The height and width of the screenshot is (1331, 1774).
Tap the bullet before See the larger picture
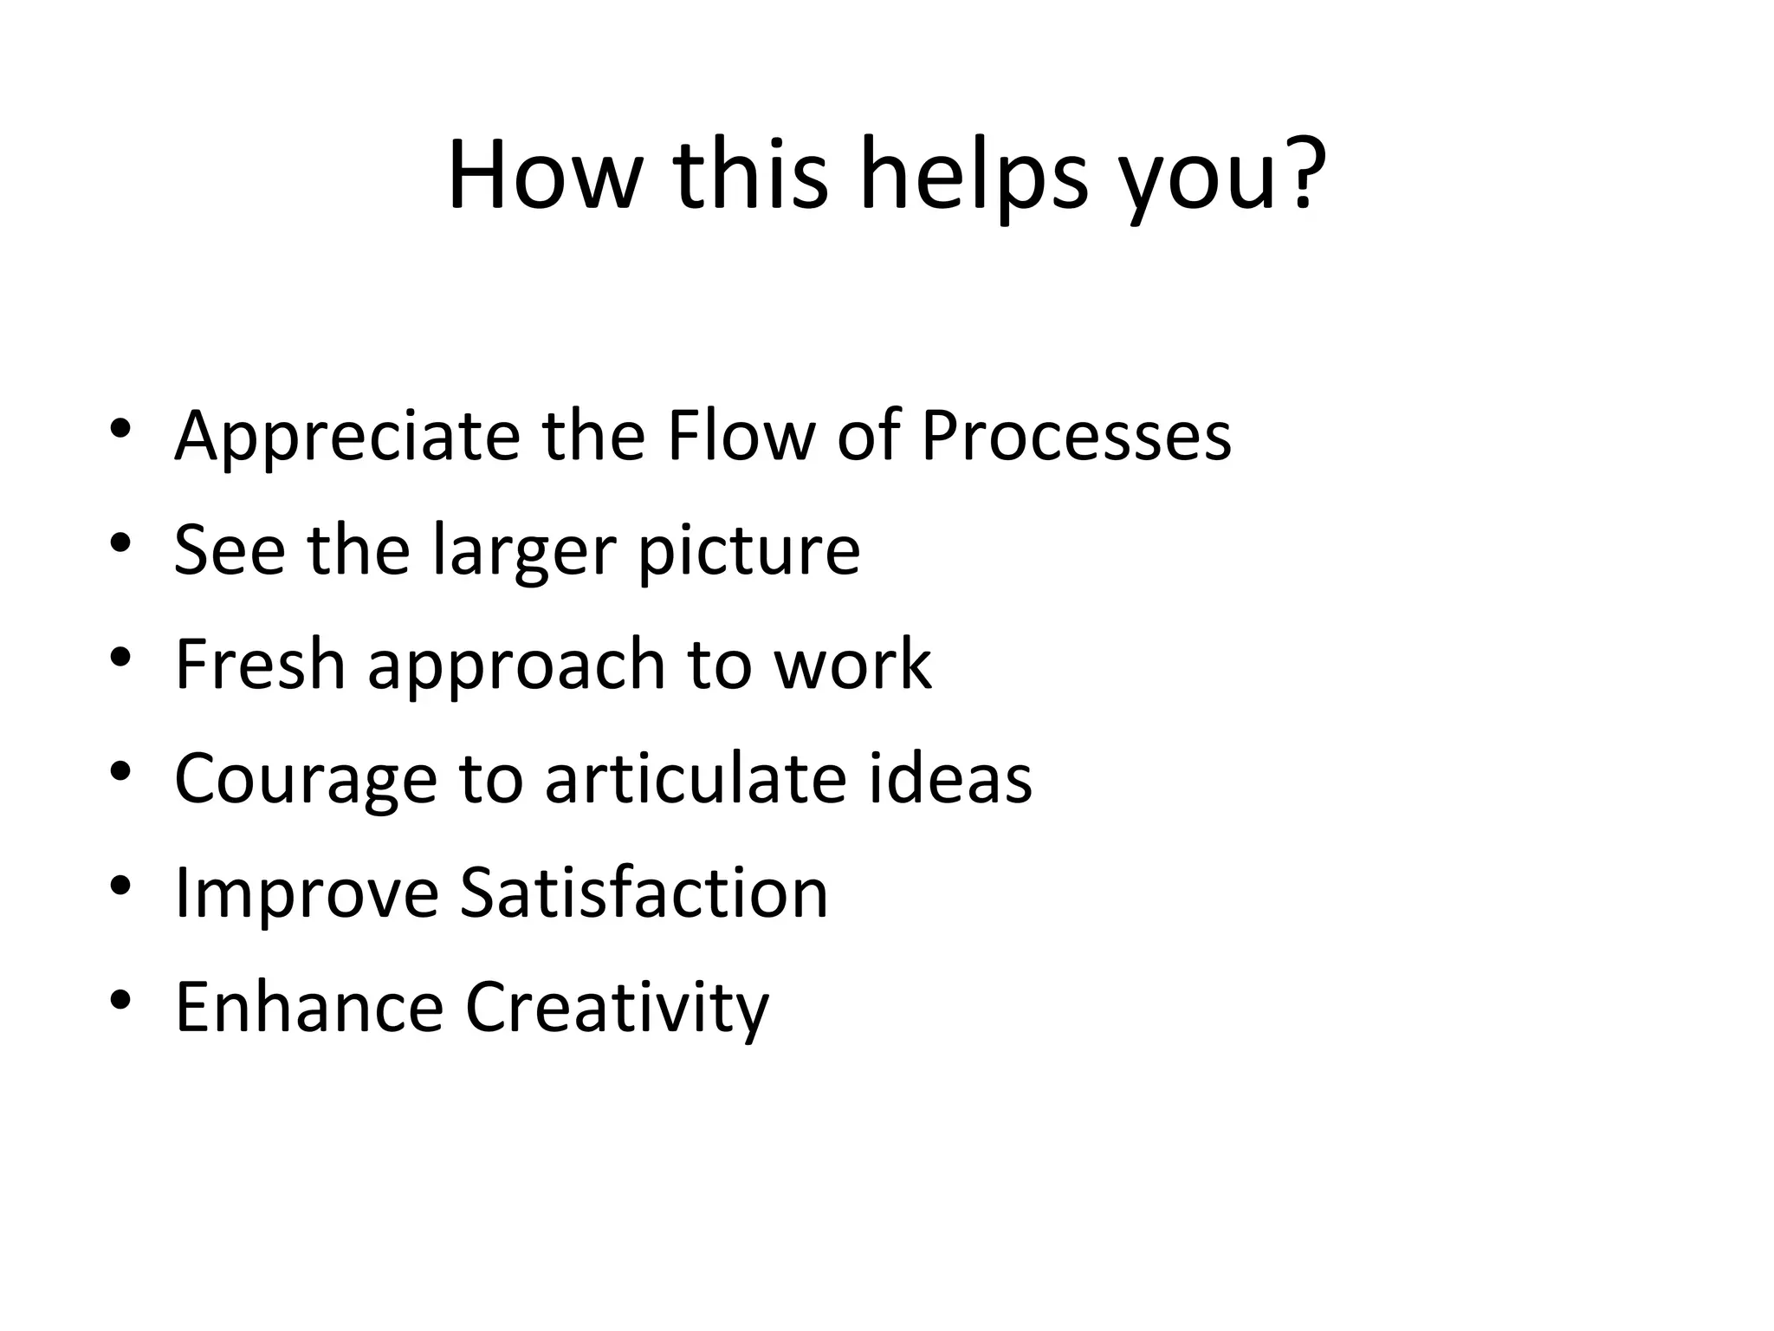click(x=120, y=543)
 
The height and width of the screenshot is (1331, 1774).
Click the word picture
click(x=749, y=552)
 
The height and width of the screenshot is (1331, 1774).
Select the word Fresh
click(x=260, y=664)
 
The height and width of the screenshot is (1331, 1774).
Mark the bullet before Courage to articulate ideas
click(x=120, y=770)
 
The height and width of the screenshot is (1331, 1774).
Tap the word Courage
click(x=306, y=780)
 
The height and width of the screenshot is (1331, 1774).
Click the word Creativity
click(x=617, y=1009)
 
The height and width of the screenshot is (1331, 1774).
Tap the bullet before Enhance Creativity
click(x=120, y=1000)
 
